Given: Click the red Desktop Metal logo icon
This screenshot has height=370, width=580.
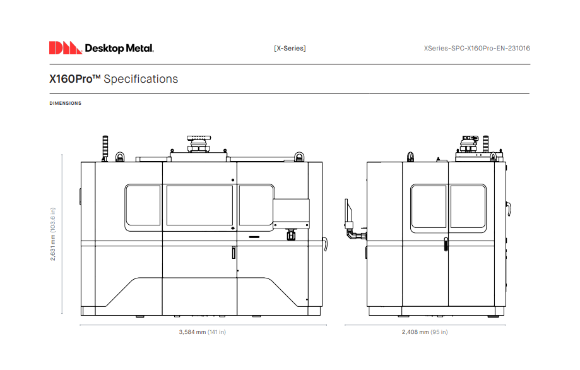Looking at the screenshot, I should (65, 48).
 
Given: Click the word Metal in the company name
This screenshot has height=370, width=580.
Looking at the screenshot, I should (140, 48).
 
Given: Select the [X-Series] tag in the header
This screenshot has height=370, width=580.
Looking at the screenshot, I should (290, 48).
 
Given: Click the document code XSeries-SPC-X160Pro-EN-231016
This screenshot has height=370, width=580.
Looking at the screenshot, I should (477, 48).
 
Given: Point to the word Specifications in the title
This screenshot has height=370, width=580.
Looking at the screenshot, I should (141, 79).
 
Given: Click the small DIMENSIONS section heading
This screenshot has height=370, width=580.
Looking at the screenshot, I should (65, 104).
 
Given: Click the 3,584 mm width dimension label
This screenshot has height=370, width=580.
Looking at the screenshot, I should (202, 332).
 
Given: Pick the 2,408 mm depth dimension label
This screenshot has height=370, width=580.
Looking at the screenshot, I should (424, 332).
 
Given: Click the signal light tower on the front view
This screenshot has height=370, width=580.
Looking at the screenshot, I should (106, 148).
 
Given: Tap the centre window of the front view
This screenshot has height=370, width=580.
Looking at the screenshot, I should (199, 205).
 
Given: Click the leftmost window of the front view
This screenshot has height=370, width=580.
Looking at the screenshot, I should (143, 205).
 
